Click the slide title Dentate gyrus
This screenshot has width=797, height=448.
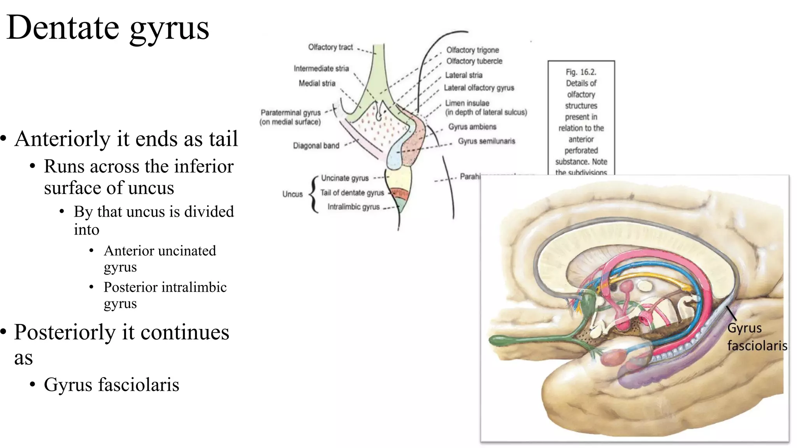click(x=108, y=27)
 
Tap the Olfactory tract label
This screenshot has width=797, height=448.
click(x=330, y=47)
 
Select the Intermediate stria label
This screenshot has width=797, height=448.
click(x=321, y=68)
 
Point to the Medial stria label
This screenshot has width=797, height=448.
click(x=317, y=83)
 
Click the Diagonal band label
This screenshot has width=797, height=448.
click(x=316, y=146)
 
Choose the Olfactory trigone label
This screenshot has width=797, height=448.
click(x=472, y=50)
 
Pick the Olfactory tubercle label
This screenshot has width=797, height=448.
click(x=474, y=61)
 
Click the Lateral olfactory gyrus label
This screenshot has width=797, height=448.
click(x=479, y=88)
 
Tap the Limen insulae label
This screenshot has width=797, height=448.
click(x=467, y=103)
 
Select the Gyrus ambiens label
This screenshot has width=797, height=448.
click(x=472, y=127)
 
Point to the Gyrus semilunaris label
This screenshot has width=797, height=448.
click(x=486, y=141)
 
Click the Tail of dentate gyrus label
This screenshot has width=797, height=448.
click(x=352, y=193)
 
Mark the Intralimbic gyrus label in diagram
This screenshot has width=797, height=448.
click(x=353, y=207)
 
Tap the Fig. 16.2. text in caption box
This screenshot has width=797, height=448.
click(x=581, y=72)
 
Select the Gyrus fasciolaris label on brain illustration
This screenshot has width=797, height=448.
click(x=757, y=337)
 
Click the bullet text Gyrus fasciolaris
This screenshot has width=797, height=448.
click(x=111, y=385)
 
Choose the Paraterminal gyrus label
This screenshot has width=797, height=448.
click(x=290, y=113)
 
